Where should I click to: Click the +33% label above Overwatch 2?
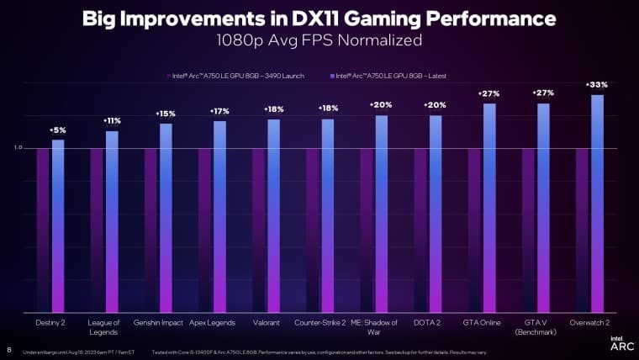(597, 85)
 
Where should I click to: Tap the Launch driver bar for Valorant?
(258, 230)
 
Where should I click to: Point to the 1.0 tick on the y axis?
(18, 149)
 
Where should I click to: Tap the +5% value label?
(58, 130)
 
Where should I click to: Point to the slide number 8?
(9, 350)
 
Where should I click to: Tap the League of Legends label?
(103, 326)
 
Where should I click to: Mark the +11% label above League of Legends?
(112, 121)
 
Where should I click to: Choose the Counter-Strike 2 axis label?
(319, 322)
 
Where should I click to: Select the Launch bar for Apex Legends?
(204, 230)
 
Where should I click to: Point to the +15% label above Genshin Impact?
(166, 114)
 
